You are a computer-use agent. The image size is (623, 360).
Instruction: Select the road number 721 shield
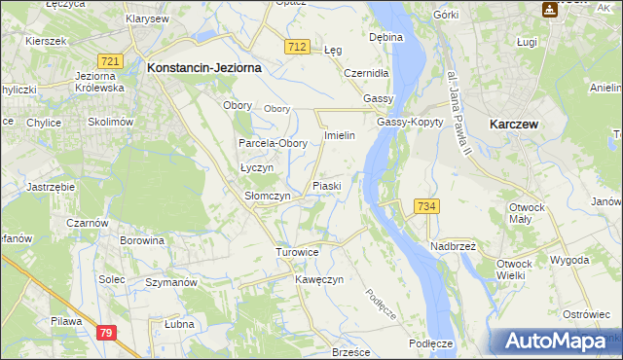point(110,61)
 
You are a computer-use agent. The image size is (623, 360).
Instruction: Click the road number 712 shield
point(298,47)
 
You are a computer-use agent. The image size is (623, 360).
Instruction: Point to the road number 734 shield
point(426,206)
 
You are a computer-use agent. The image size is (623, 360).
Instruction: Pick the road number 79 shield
point(108,333)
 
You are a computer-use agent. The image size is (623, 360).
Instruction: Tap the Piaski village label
point(325,185)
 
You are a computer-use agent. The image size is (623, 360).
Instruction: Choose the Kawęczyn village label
point(319,279)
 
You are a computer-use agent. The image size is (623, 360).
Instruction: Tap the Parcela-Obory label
point(274,143)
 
